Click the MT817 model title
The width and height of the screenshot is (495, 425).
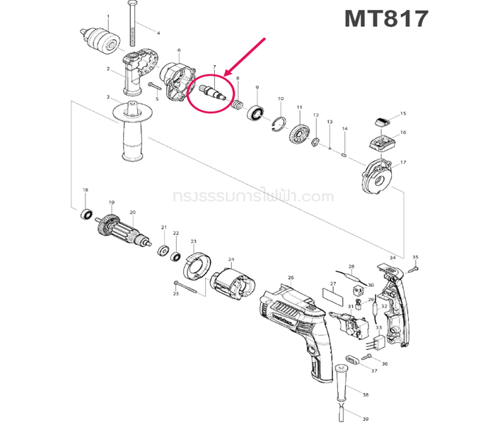[385, 19]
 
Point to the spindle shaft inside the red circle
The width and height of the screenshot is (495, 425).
[214, 91]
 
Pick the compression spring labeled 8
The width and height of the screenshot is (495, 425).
[238, 105]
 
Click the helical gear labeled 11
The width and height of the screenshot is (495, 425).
[301, 134]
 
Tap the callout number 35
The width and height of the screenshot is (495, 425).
[415, 257]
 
